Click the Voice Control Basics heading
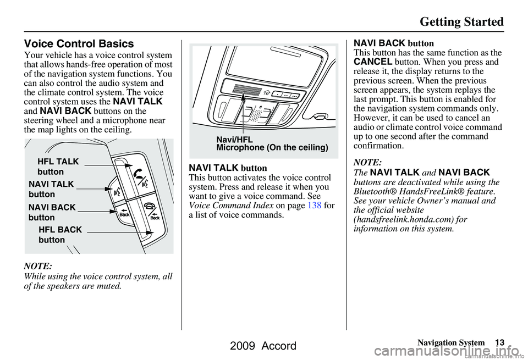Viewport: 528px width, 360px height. pos(79,43)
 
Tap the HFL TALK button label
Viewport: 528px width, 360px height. pos(58,167)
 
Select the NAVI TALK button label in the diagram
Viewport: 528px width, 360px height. pos(51,189)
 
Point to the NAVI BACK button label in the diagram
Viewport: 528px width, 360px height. pos(52,212)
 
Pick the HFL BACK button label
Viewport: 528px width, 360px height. pos(60,235)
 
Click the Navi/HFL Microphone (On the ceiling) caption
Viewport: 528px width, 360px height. pos(272,144)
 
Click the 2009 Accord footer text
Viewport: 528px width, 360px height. pos(263,347)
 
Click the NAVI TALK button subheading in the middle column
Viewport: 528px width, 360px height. pos(228,168)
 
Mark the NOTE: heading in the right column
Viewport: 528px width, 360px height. pos(367,163)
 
